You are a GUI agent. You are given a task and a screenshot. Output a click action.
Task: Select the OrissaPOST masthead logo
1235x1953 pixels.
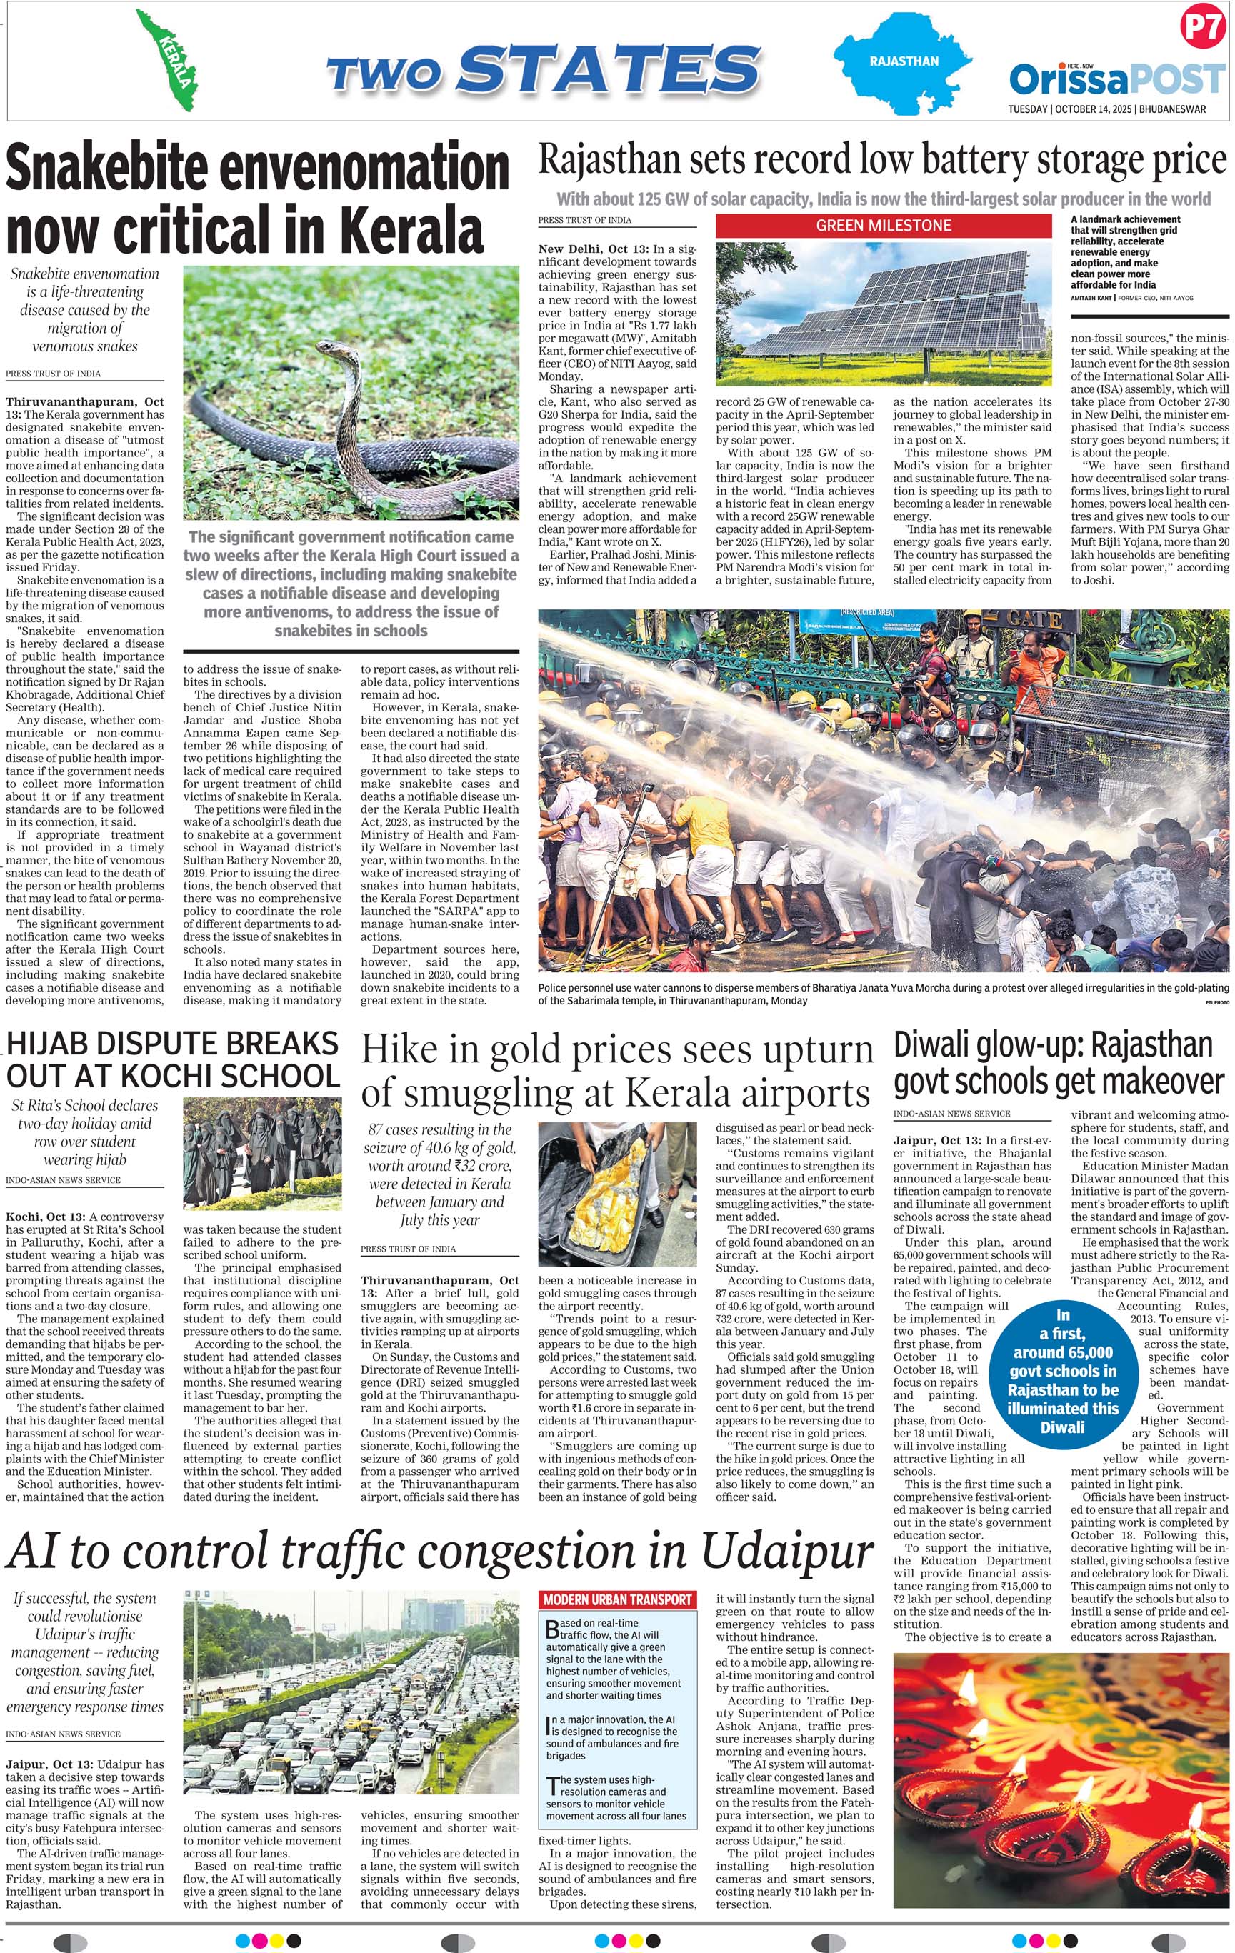(x=1116, y=80)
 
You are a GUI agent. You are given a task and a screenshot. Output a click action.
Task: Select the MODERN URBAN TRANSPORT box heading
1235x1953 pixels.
(x=618, y=1599)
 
